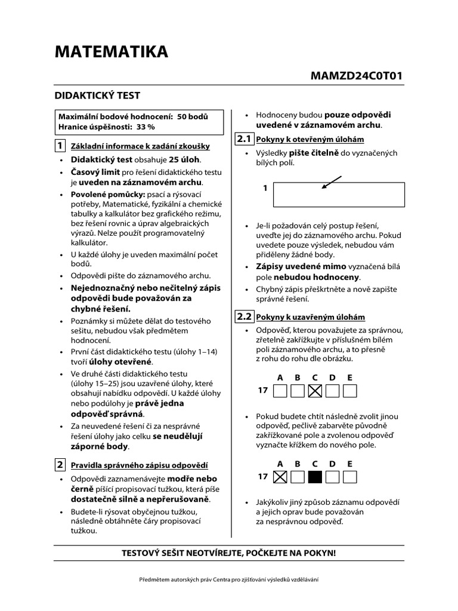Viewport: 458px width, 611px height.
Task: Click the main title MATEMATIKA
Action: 112,53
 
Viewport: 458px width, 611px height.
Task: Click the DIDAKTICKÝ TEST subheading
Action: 97,95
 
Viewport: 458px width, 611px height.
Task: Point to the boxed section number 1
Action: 60,146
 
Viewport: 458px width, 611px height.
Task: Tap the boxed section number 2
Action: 60,464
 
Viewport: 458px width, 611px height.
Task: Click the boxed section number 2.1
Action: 245,139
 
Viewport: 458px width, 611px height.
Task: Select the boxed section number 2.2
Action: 245,316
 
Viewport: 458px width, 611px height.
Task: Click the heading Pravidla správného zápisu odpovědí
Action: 140,465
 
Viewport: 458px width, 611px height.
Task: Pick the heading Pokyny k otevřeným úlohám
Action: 310,140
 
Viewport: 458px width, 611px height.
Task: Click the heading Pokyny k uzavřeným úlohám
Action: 310,317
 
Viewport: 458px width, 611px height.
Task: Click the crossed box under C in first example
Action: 315,391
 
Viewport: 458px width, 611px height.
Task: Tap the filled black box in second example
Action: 315,477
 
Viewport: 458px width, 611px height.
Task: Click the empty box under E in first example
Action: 350,391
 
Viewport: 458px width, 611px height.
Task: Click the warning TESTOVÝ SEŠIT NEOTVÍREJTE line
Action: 228,553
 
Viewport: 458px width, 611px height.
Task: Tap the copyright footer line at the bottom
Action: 228,580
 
